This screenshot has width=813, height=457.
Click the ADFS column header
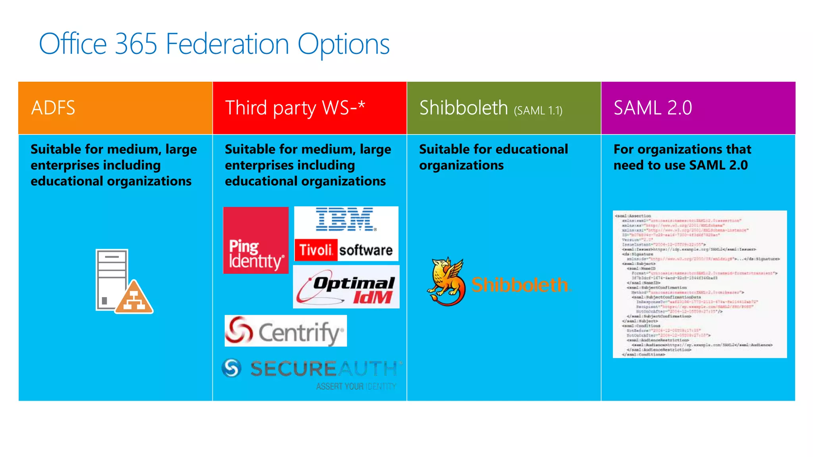[53, 108]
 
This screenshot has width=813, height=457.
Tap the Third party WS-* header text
[295, 108]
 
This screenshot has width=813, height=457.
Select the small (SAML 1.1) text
[538, 110]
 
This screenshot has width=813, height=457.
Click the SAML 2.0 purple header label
[653, 108]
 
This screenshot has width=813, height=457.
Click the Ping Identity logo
[256, 240]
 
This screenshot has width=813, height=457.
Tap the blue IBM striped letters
[345, 219]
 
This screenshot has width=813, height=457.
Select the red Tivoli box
[316, 250]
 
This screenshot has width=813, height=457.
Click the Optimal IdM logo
[346, 287]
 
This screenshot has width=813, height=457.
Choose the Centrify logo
[285, 331]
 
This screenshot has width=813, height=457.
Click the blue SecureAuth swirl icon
[232, 368]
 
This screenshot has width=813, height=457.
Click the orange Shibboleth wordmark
[520, 285]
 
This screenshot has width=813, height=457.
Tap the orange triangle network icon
[134, 298]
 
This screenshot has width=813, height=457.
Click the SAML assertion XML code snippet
[699, 284]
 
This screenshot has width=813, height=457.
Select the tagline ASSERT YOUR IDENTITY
[356, 386]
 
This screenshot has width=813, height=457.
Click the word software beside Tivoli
[366, 250]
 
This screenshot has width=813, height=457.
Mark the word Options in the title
[343, 44]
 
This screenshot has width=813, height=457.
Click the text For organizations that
[682, 149]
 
